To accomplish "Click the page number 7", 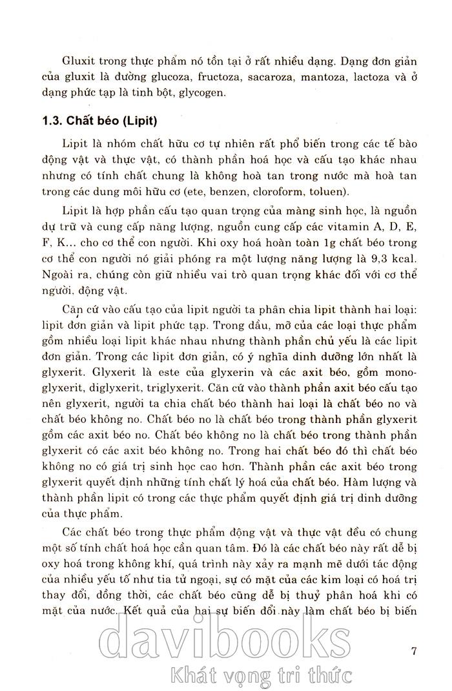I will tap(414, 650).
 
